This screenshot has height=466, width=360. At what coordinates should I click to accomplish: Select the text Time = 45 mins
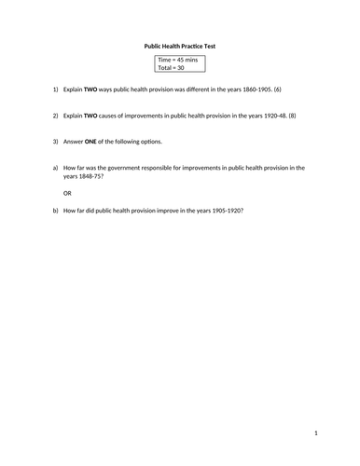pyautogui.click(x=176, y=59)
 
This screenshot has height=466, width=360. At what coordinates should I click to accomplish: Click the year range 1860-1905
pyautogui.click(x=254, y=89)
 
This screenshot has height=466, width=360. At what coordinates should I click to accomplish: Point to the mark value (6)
pyautogui.click(x=277, y=89)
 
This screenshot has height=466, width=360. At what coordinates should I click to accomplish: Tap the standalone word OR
pyautogui.click(x=66, y=193)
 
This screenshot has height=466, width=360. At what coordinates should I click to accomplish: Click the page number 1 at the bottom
pyautogui.click(x=316, y=432)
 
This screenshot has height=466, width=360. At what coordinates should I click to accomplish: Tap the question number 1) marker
pyautogui.click(x=55, y=89)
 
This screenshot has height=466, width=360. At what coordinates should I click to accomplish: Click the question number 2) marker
pyautogui.click(x=55, y=116)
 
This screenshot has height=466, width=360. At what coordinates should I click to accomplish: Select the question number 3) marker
pyautogui.click(x=55, y=141)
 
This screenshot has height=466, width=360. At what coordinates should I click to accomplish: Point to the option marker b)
pyautogui.click(x=55, y=211)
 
